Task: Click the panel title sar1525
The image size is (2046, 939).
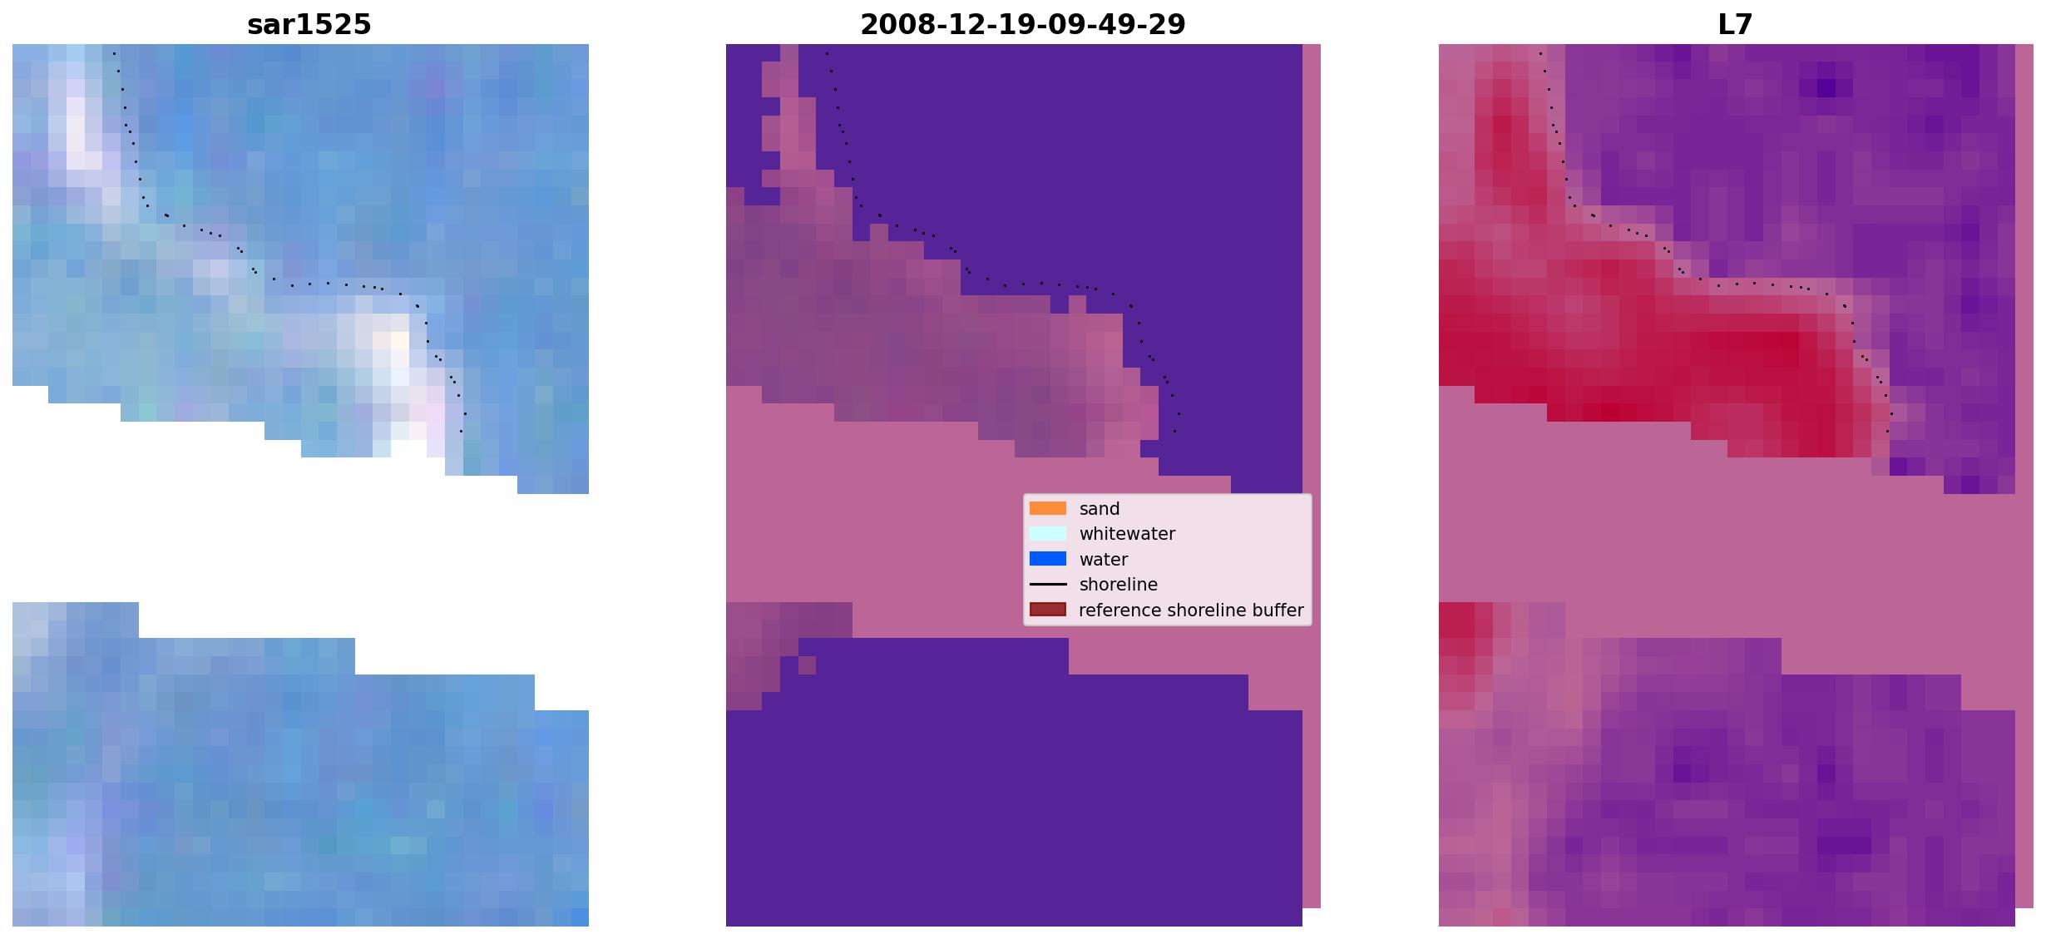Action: coord(309,25)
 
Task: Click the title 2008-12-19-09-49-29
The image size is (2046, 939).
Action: coord(1022,25)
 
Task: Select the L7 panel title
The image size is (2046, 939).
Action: coord(1735,25)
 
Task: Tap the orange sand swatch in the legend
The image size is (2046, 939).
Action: coord(1048,508)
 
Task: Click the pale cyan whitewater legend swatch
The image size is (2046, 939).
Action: coord(1048,534)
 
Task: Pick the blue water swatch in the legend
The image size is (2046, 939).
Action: coord(1048,559)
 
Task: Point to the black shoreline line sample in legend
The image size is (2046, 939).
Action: coord(1048,585)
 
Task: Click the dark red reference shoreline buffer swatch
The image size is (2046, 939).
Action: coord(1048,610)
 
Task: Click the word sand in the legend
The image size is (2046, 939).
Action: coord(1100,509)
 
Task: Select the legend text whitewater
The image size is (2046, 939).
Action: coord(1127,534)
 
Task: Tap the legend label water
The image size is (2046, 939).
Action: coord(1104,560)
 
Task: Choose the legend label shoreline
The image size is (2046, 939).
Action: coord(1119,585)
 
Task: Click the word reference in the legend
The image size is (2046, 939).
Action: coord(1116,610)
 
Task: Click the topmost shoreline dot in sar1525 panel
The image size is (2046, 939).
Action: coord(114,53)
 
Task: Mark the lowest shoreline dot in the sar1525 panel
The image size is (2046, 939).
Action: coord(461,431)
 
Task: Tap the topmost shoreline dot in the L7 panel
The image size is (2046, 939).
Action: coord(1540,53)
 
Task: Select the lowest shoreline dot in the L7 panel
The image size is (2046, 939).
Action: coord(1887,431)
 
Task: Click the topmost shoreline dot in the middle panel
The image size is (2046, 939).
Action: coord(827,53)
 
